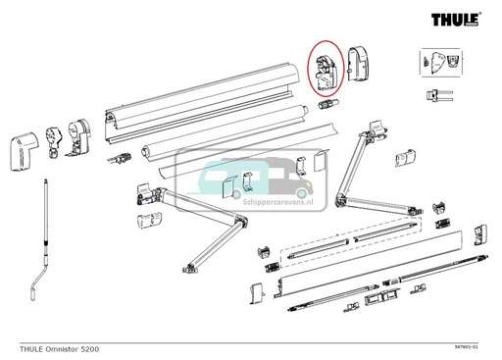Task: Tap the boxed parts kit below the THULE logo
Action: click(x=438, y=61)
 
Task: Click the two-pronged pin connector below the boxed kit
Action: click(x=439, y=95)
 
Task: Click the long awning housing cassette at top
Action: click(x=196, y=113)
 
